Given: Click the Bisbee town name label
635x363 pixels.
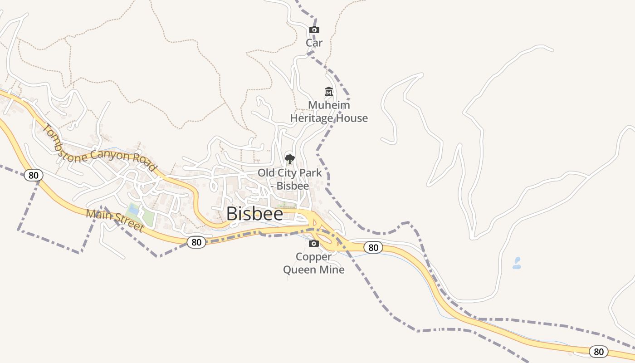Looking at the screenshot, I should [x=254, y=214].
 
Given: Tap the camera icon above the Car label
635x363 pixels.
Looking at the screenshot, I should [x=314, y=30].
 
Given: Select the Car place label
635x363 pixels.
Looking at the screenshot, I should [x=314, y=43].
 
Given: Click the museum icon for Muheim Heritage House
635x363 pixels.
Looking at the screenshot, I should [x=329, y=92].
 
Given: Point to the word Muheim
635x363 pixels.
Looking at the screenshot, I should [x=329, y=105].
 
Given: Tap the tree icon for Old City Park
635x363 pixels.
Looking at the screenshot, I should [x=289, y=159].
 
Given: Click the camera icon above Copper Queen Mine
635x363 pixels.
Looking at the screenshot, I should [x=313, y=244].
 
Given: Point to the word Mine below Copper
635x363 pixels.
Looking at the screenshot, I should [x=332, y=270].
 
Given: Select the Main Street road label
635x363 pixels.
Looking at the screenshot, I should [x=115, y=220].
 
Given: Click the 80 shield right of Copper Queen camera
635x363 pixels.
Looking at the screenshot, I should [x=373, y=248].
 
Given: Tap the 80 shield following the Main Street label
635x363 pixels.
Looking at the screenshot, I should [x=196, y=242].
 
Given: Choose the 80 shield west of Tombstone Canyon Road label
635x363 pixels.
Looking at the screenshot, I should [x=33, y=175].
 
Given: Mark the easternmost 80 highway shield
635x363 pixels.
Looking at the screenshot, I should [x=599, y=351].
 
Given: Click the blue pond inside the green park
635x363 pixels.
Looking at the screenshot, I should [x=134, y=210].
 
